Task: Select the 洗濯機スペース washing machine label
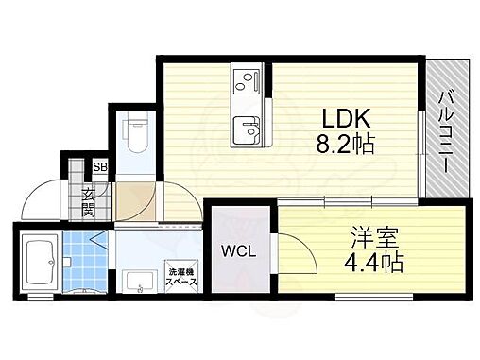coord(181,275)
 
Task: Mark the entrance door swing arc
coord(43,197)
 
